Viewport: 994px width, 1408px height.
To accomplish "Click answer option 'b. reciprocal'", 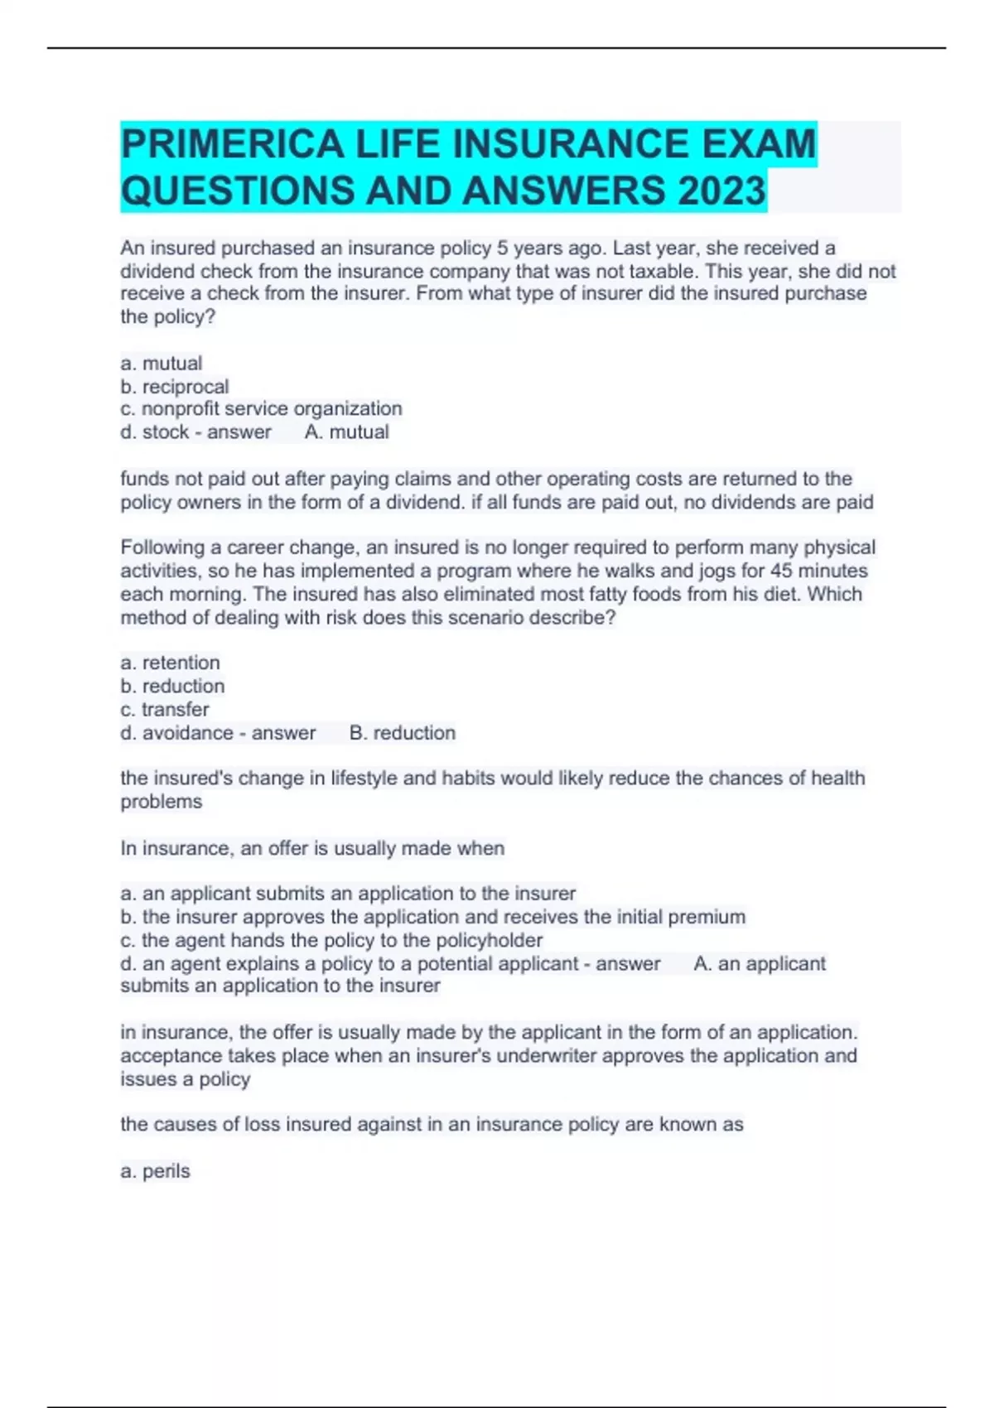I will coord(174,387).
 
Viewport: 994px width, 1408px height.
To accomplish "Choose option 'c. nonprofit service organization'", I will coord(261,409).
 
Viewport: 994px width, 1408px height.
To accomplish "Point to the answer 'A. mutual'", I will coord(346,432).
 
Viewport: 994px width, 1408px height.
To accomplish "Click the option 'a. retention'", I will coord(170,663).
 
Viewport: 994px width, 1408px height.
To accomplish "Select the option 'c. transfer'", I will coord(164,710).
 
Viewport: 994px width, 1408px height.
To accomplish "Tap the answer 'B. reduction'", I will coord(402,733).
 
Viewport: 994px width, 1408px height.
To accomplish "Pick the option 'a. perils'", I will coord(155,1171).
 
